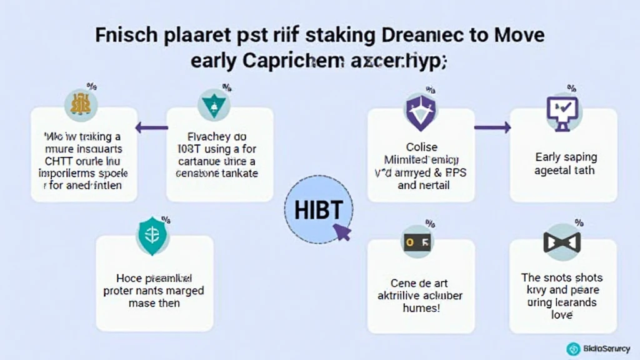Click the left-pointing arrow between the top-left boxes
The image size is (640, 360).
tap(152, 127)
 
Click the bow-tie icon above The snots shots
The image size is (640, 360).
tap(562, 241)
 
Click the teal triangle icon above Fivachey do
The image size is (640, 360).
tap(214, 104)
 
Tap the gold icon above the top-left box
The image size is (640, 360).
tap(81, 104)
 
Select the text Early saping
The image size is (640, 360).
tap(566, 157)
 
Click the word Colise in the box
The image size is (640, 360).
tap(422, 148)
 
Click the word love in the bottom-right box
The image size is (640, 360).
tap(562, 314)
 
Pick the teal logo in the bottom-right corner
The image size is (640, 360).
tap(573, 349)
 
